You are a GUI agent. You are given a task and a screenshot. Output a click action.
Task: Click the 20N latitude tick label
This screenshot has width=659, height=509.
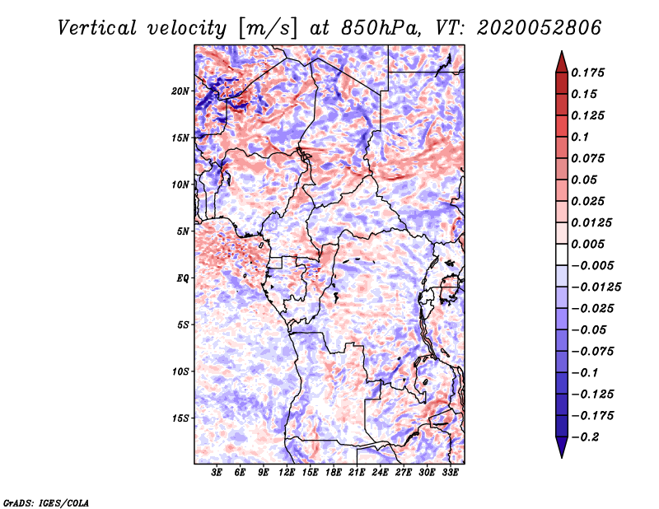180,91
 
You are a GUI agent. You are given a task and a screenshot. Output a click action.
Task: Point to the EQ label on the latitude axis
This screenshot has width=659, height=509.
183,278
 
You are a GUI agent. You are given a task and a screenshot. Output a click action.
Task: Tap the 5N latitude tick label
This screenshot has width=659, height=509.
183,231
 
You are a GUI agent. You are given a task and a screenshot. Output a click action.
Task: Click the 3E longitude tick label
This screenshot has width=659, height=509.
217,472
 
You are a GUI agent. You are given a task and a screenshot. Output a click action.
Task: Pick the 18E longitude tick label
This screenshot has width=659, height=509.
333,472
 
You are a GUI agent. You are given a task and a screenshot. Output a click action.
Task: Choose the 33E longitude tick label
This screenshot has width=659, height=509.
450,472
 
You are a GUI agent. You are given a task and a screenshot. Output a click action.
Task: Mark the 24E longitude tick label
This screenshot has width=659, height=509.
380,472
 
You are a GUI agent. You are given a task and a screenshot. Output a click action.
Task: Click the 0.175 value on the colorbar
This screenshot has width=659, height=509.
587,72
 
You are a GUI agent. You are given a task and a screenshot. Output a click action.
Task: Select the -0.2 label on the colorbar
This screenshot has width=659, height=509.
585,437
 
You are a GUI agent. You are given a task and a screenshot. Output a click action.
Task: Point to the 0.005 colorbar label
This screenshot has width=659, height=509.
587,244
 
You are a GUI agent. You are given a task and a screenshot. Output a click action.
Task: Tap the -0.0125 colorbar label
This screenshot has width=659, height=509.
596,287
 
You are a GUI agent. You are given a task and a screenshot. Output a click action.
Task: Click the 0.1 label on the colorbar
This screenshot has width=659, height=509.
580,137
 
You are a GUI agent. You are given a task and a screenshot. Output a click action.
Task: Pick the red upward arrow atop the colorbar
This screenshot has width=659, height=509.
562,62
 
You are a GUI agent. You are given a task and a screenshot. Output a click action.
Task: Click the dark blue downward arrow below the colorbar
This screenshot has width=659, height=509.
562,447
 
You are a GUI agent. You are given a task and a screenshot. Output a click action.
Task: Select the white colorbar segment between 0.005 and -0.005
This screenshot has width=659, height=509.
562,254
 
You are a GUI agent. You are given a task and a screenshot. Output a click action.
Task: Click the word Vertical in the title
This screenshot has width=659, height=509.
97,28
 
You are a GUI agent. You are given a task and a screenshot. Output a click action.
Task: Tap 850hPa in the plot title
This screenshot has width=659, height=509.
381,28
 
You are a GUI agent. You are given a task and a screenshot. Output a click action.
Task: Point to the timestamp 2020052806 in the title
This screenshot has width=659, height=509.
540,28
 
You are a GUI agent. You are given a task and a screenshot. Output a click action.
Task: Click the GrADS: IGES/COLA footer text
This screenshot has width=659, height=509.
46,502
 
